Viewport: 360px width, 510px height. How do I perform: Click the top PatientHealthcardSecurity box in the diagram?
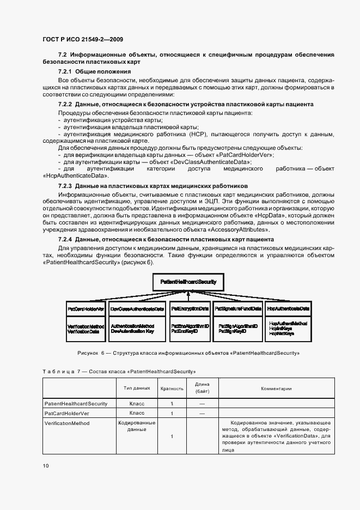188,282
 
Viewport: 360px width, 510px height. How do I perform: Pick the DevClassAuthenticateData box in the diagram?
137,308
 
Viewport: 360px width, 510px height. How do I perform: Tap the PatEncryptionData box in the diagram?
190,308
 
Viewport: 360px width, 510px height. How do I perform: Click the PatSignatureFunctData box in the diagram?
238,308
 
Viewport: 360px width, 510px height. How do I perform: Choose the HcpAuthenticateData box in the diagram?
288,308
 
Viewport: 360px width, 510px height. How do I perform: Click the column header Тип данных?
137,388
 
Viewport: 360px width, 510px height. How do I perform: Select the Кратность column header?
172,388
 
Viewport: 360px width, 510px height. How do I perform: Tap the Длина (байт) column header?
202,388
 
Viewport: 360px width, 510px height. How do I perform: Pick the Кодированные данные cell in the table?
137,426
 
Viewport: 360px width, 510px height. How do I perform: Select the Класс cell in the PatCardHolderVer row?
137,414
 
